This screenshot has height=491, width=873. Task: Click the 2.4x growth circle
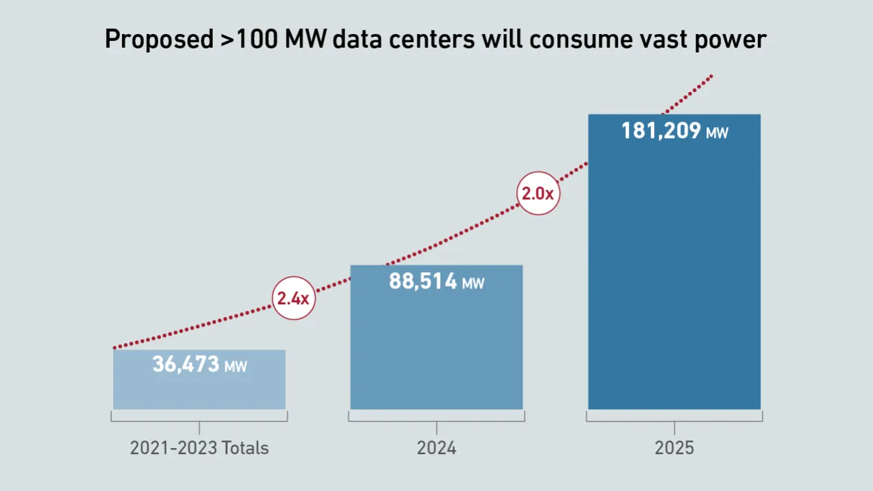294,298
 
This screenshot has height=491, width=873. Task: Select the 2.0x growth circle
538,194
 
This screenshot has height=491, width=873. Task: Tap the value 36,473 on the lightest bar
186,364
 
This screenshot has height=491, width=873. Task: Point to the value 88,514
423,281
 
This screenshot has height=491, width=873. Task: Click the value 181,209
661,130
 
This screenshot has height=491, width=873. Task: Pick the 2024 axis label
436,448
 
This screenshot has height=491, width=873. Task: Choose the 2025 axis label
674,448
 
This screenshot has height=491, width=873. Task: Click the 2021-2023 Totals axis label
199,448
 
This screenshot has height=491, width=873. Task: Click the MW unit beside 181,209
717,133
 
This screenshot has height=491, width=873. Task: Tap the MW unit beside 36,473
236,367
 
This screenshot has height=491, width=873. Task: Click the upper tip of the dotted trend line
712,75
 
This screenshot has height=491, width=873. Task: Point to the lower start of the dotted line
115,348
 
